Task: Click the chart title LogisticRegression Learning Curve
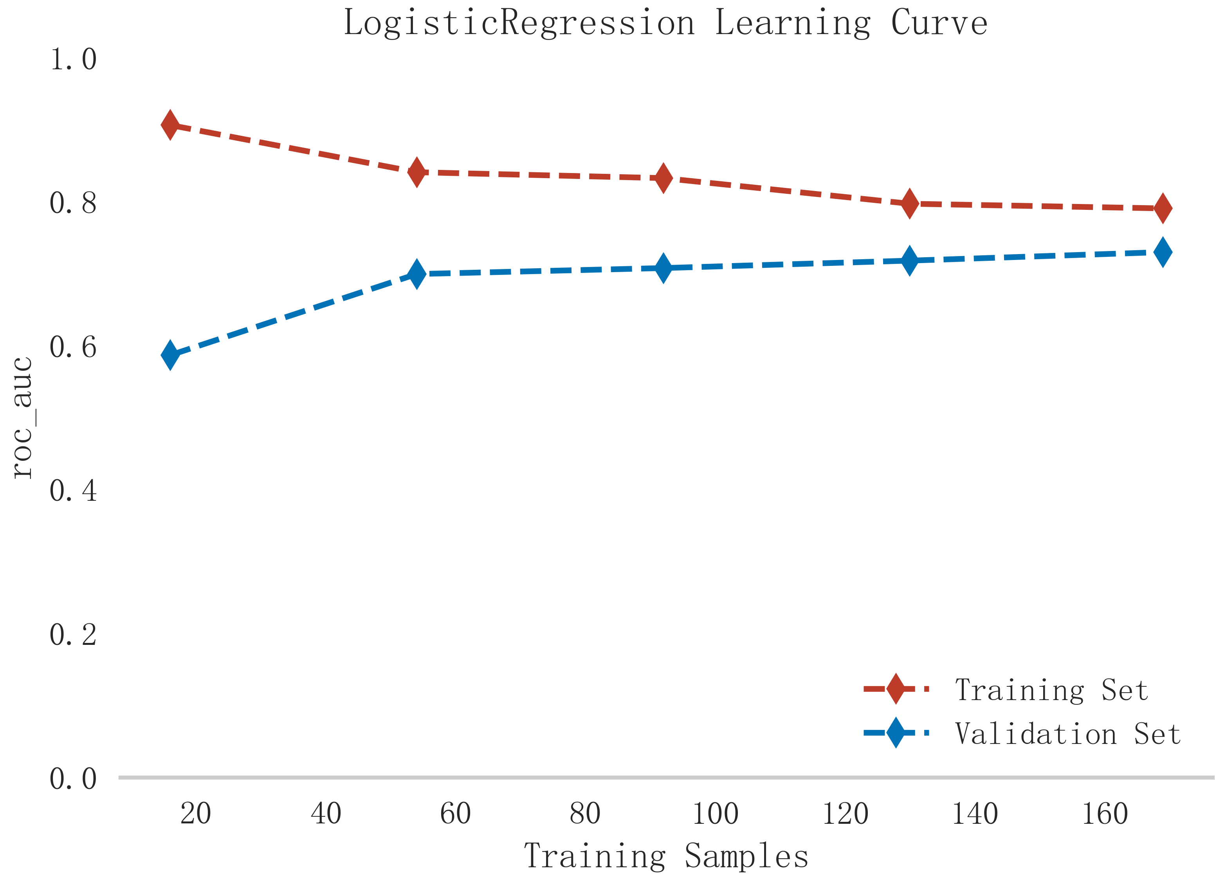tap(665, 23)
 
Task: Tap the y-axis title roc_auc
tap(23, 417)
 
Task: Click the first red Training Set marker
tap(170, 125)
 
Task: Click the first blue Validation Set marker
tap(170, 355)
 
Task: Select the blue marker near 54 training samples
tap(416, 274)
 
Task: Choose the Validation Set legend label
tap(1068, 734)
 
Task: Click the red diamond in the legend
tap(896, 689)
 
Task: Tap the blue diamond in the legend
tap(896, 733)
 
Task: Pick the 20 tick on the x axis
tap(196, 814)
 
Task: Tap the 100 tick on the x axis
tap(715, 814)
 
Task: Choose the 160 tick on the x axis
tap(1105, 814)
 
